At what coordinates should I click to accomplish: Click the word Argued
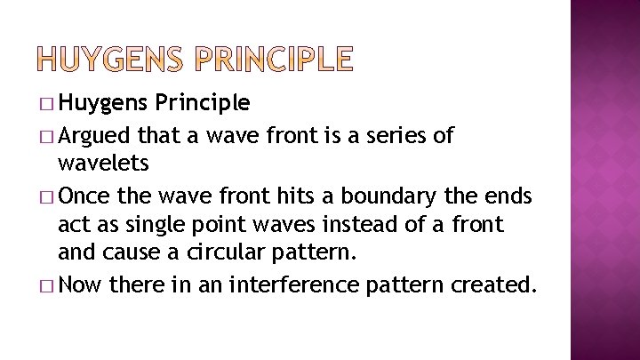tap(94, 136)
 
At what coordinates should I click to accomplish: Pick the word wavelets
tap(102, 163)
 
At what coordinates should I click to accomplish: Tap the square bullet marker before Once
tap(49, 196)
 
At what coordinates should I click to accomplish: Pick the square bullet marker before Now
tap(49, 286)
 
